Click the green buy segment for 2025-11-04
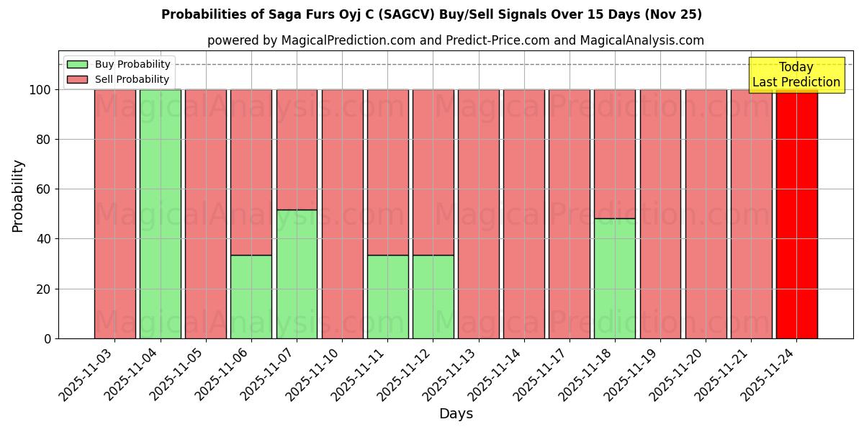tap(161, 214)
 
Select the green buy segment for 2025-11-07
tap(297, 274)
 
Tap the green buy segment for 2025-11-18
tap(615, 279)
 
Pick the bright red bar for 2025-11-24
tap(796, 214)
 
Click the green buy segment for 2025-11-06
tap(251, 297)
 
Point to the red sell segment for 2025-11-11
tap(387, 172)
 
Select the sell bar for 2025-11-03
tap(115, 214)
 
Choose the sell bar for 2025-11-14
tap(524, 214)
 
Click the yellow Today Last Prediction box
tap(796, 75)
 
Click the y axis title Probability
tap(18, 196)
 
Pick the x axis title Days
tap(456, 414)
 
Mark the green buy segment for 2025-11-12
tap(433, 297)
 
